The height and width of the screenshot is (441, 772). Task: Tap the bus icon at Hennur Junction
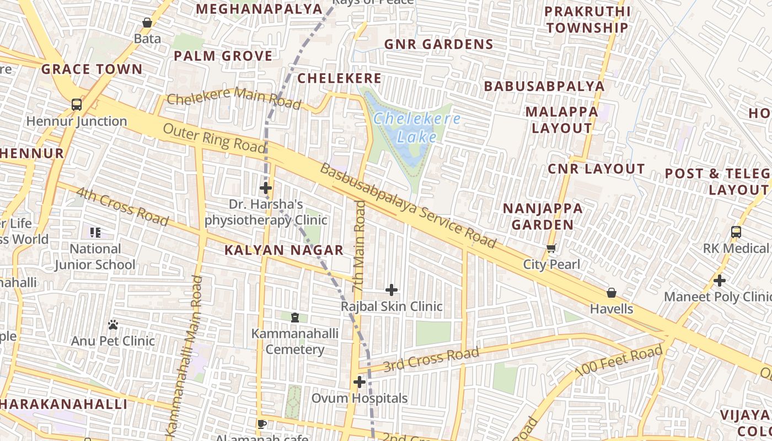[x=77, y=105]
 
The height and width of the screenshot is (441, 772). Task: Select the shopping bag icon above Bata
[x=147, y=23]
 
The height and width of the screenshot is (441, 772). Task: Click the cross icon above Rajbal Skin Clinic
[x=392, y=290]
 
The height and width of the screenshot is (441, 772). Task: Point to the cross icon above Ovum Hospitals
[x=360, y=382]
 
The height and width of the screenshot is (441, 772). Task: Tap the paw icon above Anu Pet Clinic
[x=113, y=325]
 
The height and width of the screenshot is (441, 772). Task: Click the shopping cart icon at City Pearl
[x=551, y=249]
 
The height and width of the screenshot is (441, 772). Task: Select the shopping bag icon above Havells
[x=612, y=293]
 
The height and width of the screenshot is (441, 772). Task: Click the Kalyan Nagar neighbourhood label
[x=284, y=250]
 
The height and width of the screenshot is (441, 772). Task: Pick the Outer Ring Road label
[x=215, y=138]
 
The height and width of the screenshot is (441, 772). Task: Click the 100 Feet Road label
[x=618, y=362]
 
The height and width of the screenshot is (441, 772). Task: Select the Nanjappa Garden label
[x=543, y=216]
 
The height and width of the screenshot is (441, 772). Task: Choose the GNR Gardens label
[x=438, y=45]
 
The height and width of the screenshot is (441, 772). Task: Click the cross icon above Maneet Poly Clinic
[x=720, y=281]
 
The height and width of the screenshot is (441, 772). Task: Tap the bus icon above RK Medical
[x=736, y=232]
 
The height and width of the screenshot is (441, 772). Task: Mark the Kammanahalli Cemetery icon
[x=295, y=318]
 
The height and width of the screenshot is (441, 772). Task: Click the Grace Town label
[x=92, y=69]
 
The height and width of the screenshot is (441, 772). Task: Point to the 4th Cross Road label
[x=122, y=207]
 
